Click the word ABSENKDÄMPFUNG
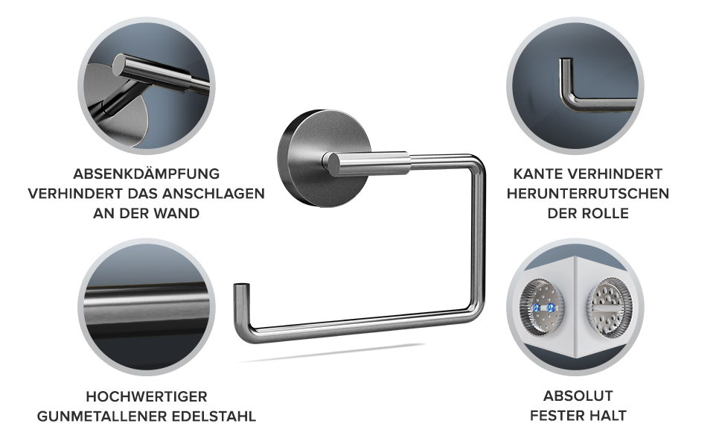[147, 174]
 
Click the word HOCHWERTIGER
[147, 397]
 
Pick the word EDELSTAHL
[214, 416]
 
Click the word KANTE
[537, 174]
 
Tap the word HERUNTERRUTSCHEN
[588, 194]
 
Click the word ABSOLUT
[578, 396]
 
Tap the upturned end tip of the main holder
[241, 286]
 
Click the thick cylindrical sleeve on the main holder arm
[366, 163]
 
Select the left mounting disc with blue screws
[543, 308]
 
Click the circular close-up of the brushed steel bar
[147, 308]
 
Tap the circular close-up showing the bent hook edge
[575, 86]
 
